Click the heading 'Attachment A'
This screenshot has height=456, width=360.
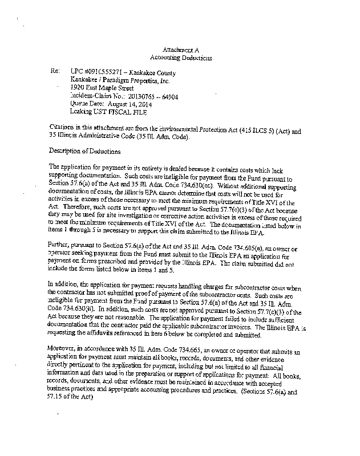pos(180,50)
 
